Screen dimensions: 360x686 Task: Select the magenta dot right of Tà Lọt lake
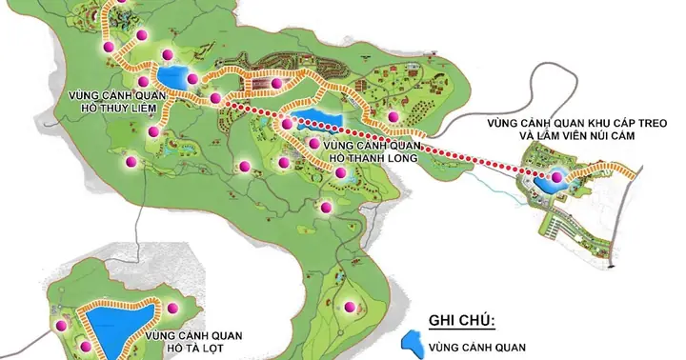[174, 306]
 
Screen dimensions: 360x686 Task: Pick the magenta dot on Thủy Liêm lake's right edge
[193, 79]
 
